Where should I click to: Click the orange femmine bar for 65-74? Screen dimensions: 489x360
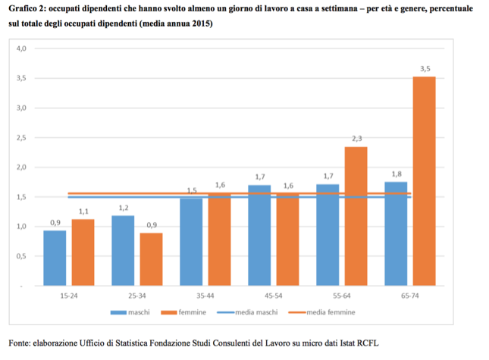424,181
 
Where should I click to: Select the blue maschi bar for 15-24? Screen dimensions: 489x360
55,258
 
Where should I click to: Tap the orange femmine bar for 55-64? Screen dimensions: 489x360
356,216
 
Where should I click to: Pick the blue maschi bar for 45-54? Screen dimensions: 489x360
259,235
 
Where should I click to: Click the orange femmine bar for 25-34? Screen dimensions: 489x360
152,259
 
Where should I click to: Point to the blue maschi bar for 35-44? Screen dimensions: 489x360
191,242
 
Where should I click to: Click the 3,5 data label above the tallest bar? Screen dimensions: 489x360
425,69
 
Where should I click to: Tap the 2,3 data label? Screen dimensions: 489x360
357,139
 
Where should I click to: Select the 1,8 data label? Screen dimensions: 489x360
397,174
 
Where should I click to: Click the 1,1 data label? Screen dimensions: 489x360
83,211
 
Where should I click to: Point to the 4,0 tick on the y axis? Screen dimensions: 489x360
21,49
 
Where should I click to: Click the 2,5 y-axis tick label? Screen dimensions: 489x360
21,138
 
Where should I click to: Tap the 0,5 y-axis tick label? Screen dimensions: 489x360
21,256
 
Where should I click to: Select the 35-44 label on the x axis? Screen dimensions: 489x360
205,296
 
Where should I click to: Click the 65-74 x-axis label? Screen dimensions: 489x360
410,296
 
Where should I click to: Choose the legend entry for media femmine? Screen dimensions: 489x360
322,312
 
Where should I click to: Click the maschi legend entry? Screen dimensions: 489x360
130,312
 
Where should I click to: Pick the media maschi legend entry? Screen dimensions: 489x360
247,312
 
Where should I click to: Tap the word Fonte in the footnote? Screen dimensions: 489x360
19,343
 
